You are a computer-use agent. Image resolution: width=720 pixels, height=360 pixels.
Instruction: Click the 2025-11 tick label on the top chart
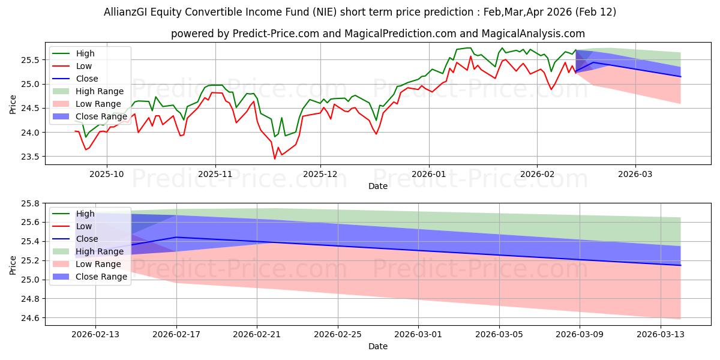point(215,174)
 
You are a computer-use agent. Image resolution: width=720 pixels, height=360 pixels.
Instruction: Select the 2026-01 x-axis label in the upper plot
point(428,174)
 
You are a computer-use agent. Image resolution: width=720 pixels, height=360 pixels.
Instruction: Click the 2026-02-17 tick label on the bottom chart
point(176,334)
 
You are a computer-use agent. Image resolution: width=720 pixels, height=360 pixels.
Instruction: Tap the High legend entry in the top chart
point(85,53)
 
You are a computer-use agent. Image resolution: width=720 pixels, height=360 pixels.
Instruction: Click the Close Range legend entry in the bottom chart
point(101,277)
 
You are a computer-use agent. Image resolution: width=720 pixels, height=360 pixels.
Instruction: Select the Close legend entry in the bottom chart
point(86,239)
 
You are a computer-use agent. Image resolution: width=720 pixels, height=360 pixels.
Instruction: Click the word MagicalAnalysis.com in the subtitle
point(538,34)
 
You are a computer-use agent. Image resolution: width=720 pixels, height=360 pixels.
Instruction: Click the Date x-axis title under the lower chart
point(378,346)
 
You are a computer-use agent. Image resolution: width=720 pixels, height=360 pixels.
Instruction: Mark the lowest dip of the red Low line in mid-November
point(275,158)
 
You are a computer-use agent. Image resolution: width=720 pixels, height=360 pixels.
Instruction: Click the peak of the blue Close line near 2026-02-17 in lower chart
point(176,237)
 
